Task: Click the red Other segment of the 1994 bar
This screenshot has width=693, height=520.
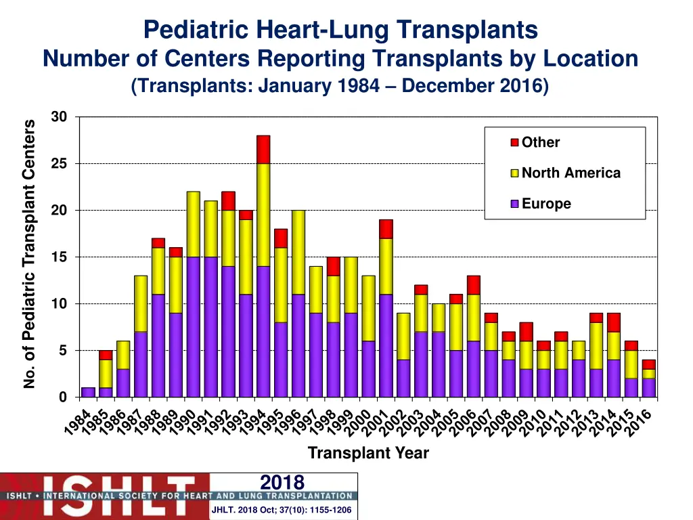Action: pyautogui.click(x=263, y=150)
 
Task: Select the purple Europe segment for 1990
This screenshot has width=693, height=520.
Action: pyautogui.click(x=193, y=326)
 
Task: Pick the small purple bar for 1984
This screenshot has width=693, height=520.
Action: pyautogui.click(x=88, y=392)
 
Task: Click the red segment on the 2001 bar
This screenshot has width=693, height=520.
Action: pyautogui.click(x=386, y=229)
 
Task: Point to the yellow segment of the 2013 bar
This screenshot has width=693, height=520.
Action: pyautogui.click(x=596, y=345)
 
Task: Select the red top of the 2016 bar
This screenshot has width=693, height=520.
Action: pyautogui.click(x=648, y=364)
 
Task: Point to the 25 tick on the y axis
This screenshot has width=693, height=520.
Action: pyautogui.click(x=59, y=164)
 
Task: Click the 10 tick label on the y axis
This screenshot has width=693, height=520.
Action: pyautogui.click(x=59, y=304)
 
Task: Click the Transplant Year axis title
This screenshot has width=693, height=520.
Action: pyautogui.click(x=368, y=453)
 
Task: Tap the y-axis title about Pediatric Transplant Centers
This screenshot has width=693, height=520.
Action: pyautogui.click(x=29, y=254)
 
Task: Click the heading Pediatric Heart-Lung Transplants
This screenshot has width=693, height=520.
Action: pyautogui.click(x=340, y=29)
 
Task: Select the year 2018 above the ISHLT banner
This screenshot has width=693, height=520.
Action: pyautogui.click(x=282, y=482)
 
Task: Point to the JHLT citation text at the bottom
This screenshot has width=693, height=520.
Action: pyautogui.click(x=282, y=510)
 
